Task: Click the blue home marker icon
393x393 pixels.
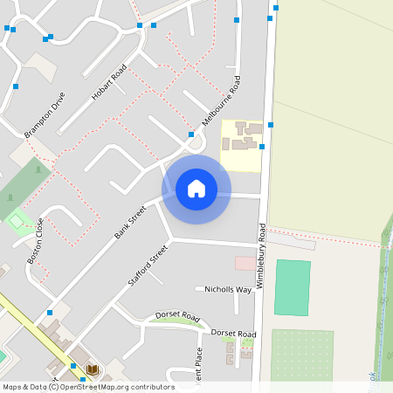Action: (196, 190)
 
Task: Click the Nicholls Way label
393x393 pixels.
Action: (228, 289)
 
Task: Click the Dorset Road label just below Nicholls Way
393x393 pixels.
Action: (235, 334)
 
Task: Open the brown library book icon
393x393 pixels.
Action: (92, 370)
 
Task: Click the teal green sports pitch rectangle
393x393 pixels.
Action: (292, 287)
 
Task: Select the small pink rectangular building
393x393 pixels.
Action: (245, 263)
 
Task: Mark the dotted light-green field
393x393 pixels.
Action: (301, 354)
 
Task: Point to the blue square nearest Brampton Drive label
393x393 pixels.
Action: (16, 86)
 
